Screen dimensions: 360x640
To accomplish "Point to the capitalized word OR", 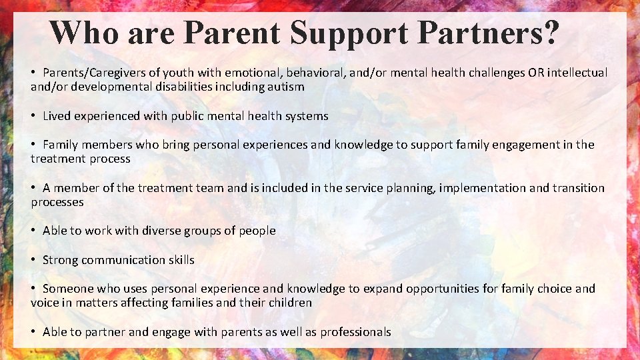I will pos(535,73).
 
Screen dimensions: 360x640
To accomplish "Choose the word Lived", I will pos(57,116).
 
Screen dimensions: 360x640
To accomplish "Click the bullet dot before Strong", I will pos(33,260).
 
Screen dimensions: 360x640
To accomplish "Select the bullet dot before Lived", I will pos(33,116).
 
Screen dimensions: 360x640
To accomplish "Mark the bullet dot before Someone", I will pos(33,289).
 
